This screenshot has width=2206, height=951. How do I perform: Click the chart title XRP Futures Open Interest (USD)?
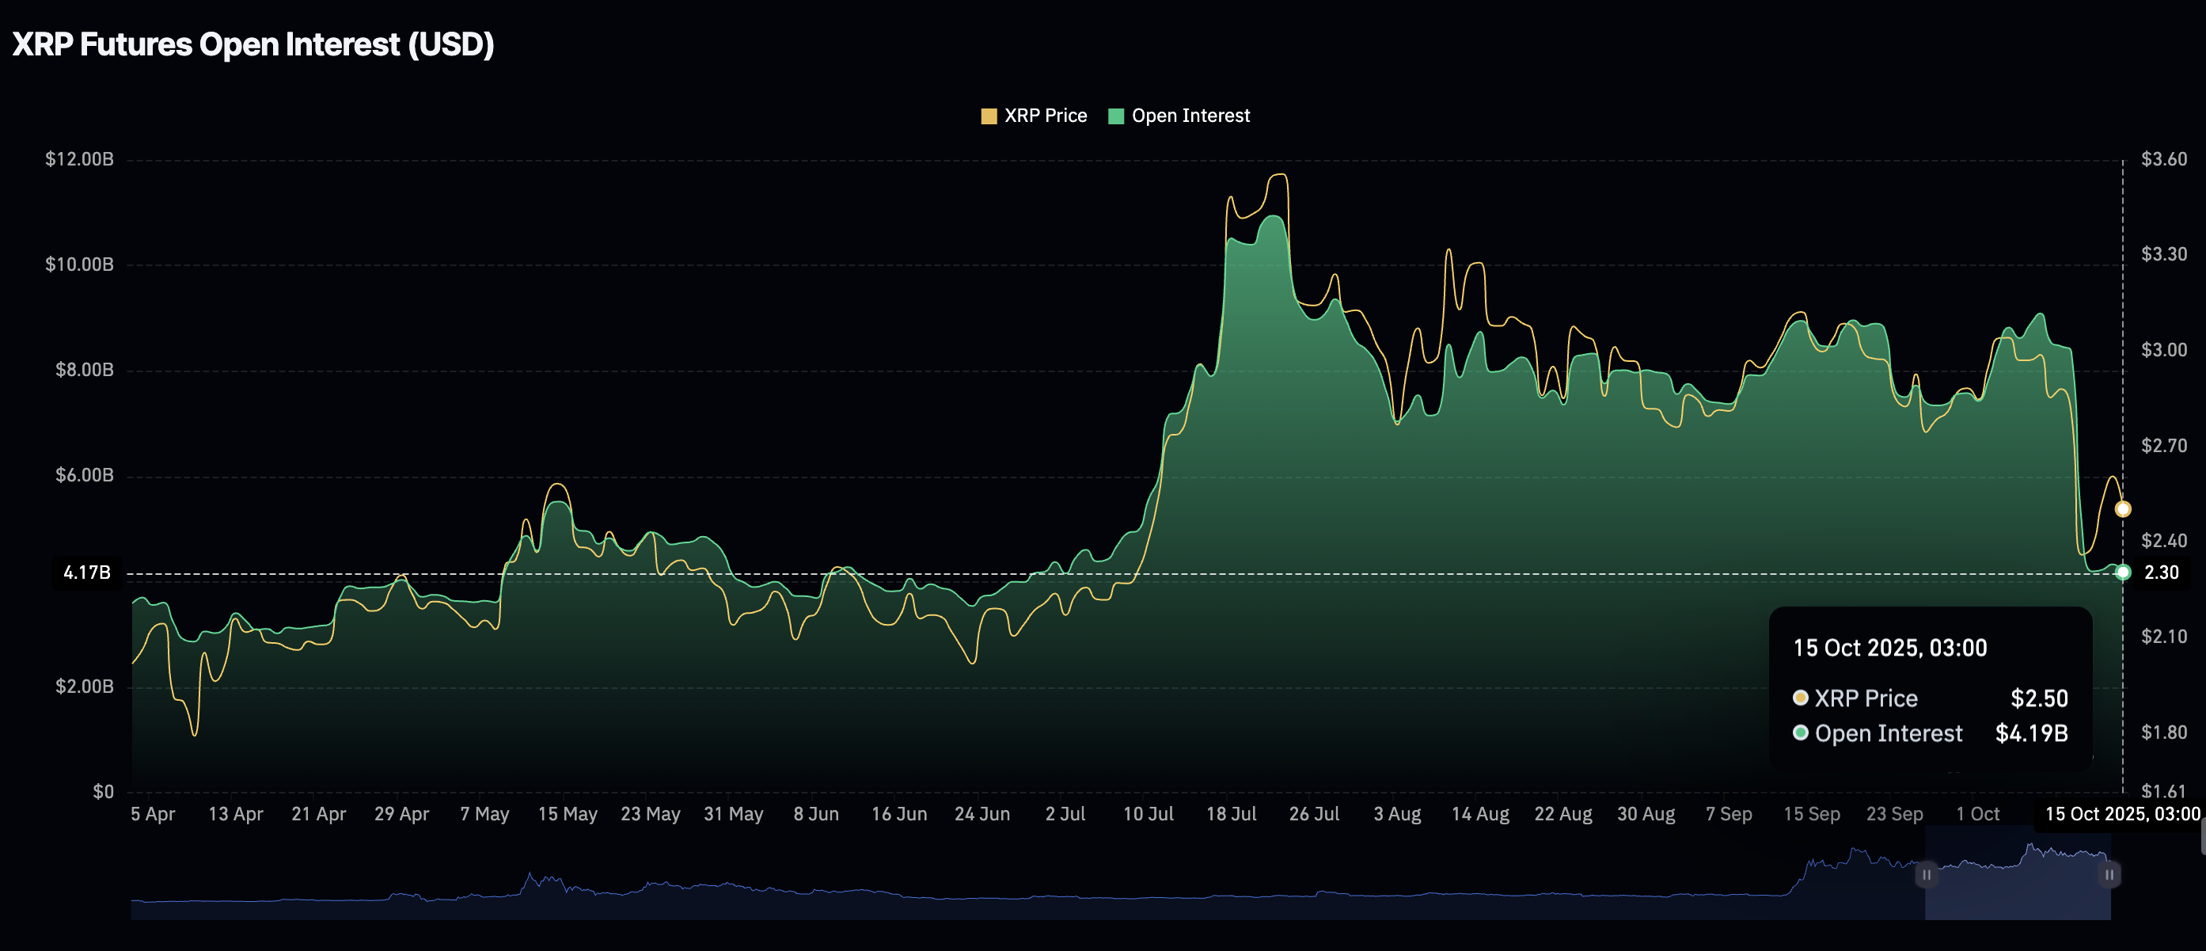[252, 44]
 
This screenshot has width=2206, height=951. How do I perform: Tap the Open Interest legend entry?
[1179, 116]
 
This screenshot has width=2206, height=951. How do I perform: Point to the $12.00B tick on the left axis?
[79, 159]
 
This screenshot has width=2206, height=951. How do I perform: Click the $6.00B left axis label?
[84, 475]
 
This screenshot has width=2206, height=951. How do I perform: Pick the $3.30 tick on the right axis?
[2163, 254]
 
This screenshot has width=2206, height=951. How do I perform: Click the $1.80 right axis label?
[2163, 732]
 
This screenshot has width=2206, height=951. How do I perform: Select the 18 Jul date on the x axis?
[1231, 814]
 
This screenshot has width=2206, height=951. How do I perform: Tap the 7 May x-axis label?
[484, 814]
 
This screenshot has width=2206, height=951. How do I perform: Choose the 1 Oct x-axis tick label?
[1977, 814]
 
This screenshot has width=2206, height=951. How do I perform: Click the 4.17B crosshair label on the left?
[86, 573]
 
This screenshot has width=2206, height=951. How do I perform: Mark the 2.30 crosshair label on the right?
[2161, 573]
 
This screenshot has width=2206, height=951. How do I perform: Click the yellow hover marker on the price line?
[2123, 509]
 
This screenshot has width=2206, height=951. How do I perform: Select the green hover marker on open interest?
[2123, 573]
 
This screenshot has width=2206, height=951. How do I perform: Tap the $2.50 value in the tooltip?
[2039, 698]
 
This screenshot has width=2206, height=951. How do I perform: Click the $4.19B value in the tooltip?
[2031, 733]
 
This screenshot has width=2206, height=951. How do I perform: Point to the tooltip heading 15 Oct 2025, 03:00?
[1890, 648]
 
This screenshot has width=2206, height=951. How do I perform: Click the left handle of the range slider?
[1926, 875]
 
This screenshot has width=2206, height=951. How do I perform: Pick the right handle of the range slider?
[2109, 875]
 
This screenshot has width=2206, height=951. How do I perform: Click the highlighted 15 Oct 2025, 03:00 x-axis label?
[2122, 814]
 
